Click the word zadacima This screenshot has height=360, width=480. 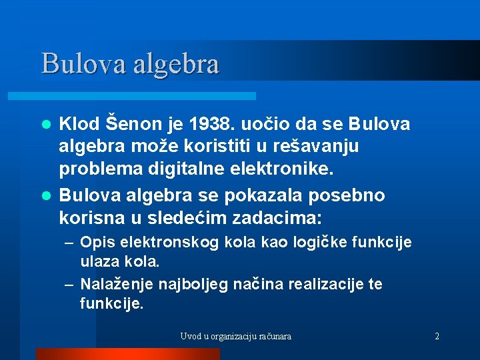click(275, 218)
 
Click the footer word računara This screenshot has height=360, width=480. click(273, 336)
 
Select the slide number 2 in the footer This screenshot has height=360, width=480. click(437, 336)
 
